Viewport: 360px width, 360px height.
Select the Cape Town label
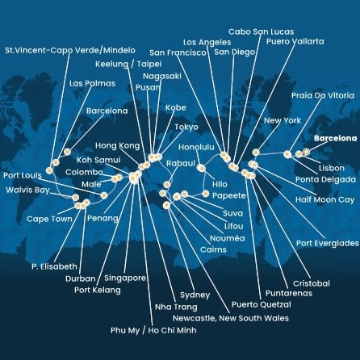49,218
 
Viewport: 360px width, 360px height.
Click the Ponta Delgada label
319,179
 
